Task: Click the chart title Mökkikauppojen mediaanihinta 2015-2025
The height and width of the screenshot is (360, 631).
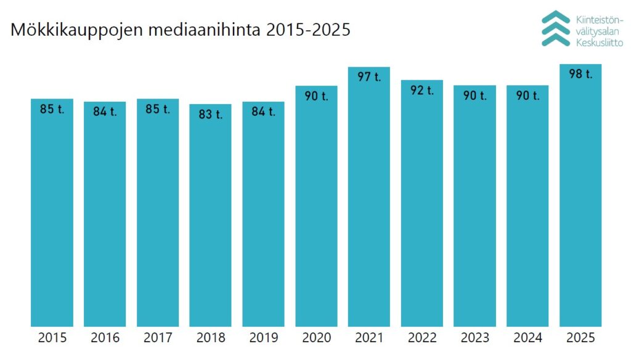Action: pyautogui.click(x=181, y=30)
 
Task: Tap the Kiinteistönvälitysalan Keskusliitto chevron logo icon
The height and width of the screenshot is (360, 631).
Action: pyautogui.click(x=555, y=28)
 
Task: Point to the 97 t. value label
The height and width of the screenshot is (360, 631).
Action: pyautogui.click(x=369, y=78)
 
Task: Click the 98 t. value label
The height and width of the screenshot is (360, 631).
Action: pyautogui.click(x=580, y=75)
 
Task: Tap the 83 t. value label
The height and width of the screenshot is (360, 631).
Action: pyautogui.click(x=211, y=115)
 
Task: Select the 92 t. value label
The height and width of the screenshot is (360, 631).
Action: pyautogui.click(x=422, y=90)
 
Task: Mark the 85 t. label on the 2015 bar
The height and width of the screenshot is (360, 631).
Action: pyautogui.click(x=52, y=109)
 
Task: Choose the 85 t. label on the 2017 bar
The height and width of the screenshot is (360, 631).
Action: pyautogui.click(x=158, y=109)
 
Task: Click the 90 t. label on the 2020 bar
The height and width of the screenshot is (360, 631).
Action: pyautogui.click(x=316, y=96)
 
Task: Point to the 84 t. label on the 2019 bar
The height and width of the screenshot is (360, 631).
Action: pyautogui.click(x=263, y=112)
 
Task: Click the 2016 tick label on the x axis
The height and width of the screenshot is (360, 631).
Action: pyautogui.click(x=105, y=338)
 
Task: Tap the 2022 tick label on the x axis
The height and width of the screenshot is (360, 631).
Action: pyautogui.click(x=422, y=338)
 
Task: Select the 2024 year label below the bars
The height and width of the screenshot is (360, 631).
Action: pyautogui.click(x=527, y=338)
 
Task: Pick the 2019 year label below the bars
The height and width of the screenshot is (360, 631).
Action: pyautogui.click(x=263, y=338)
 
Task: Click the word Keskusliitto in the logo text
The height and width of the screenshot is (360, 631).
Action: pyautogui.click(x=599, y=43)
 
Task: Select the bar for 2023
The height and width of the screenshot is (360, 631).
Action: pyautogui.click(x=474, y=210)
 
